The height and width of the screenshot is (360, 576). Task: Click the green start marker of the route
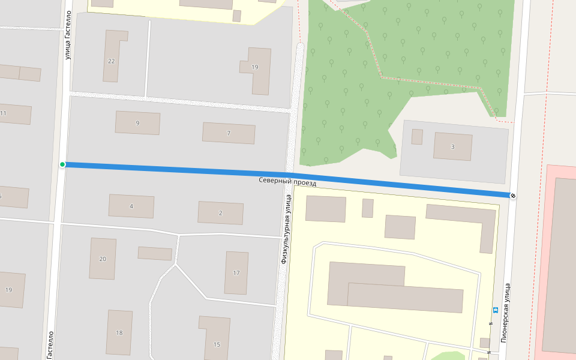[62, 164]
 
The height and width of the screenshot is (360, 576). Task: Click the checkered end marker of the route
[512, 196]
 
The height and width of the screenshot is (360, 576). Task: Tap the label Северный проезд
[287, 181]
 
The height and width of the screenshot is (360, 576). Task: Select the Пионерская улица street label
[506, 312]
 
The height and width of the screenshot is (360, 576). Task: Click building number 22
[111, 61]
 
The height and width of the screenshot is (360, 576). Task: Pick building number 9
[137, 123]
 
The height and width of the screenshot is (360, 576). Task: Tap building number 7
[229, 133]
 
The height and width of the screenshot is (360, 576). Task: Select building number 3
[452, 146]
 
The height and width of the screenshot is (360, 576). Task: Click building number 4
[131, 206]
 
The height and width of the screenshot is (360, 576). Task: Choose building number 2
[220, 213]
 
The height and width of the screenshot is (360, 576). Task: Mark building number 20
[103, 259]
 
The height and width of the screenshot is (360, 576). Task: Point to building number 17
[236, 273]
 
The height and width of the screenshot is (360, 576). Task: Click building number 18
[119, 332]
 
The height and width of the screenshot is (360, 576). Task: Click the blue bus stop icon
[496, 310]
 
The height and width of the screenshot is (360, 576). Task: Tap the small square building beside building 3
[417, 137]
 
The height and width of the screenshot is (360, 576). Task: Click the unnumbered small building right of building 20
[155, 253]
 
